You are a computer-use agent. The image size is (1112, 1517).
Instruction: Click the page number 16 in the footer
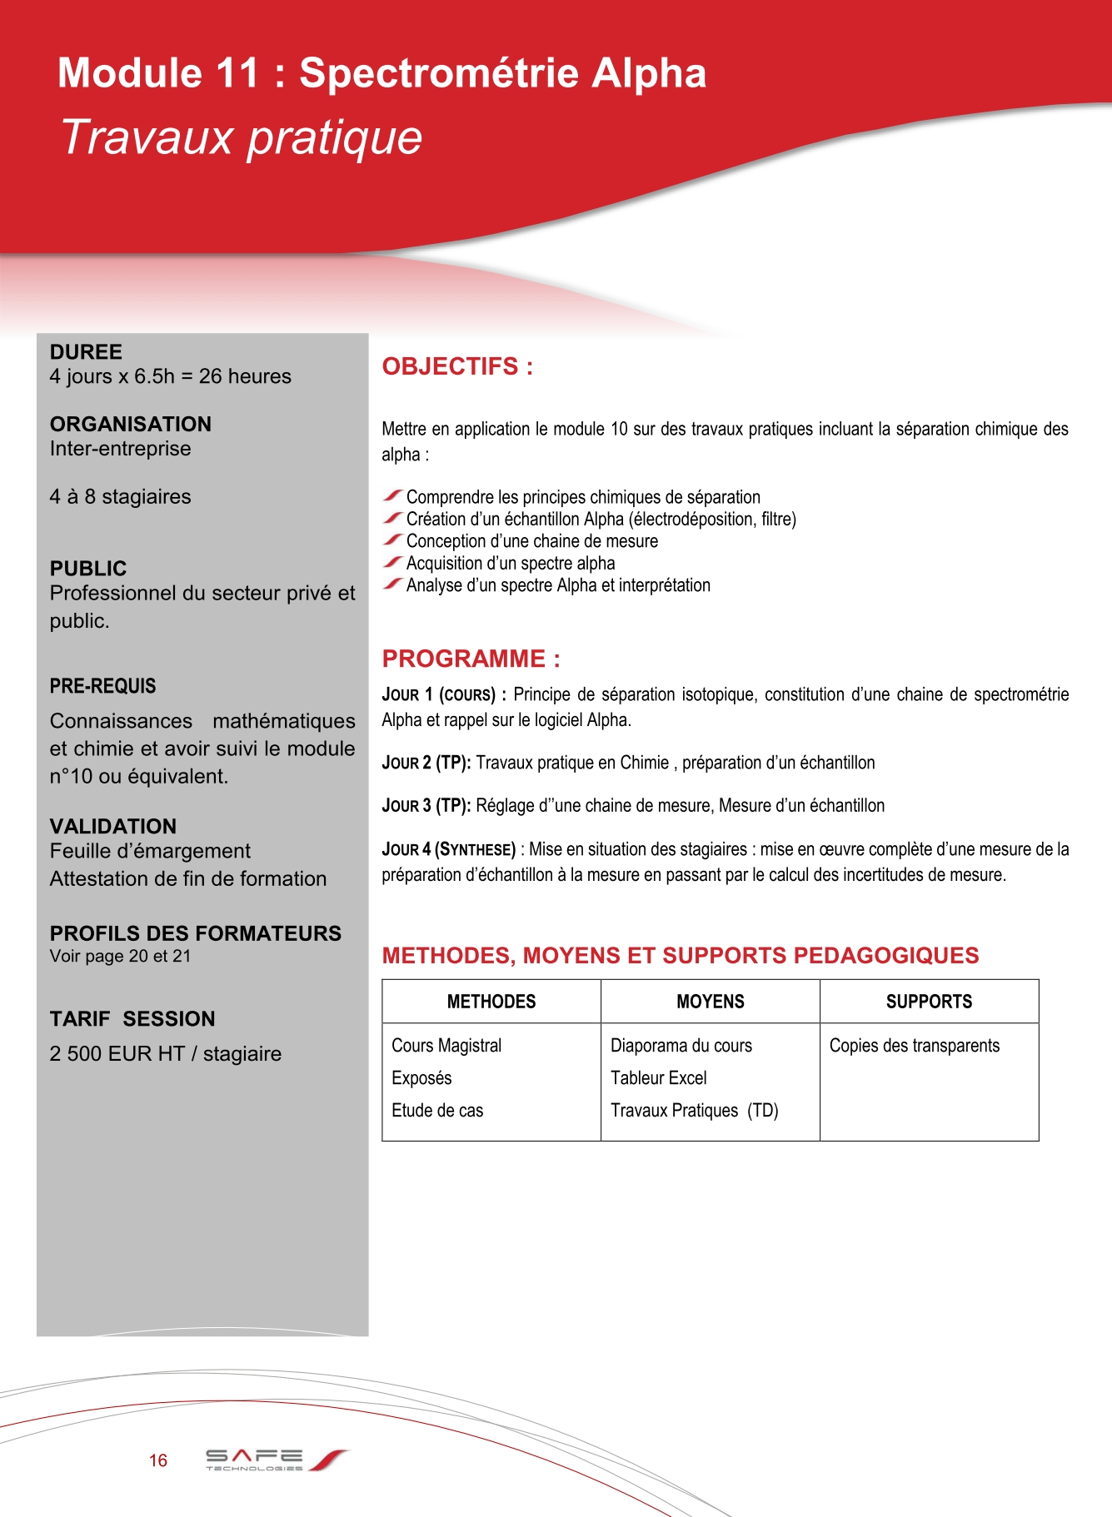[158, 1460]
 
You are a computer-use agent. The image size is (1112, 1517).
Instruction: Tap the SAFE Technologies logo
[276, 1460]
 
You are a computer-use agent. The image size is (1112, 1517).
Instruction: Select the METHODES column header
[491, 1002]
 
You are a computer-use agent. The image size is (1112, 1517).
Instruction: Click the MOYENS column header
[711, 1002]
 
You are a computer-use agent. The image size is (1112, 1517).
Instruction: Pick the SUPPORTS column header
[929, 1002]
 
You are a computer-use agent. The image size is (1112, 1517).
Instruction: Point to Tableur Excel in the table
[658, 1078]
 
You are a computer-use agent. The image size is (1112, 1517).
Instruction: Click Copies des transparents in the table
[914, 1046]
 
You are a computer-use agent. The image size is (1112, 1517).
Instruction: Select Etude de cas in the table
[437, 1111]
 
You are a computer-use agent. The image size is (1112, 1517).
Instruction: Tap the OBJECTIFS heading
[457, 366]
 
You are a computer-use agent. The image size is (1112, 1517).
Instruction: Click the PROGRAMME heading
[471, 659]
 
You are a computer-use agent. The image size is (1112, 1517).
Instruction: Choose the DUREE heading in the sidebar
[86, 352]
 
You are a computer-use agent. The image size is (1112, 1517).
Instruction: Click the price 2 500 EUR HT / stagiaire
[166, 1054]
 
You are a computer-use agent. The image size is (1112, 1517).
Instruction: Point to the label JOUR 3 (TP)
[426, 806]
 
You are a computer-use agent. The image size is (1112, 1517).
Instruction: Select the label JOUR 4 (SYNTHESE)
[449, 849]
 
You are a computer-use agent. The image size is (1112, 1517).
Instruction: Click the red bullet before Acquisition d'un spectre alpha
[393, 563]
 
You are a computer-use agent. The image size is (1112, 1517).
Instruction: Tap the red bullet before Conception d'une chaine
[393, 540]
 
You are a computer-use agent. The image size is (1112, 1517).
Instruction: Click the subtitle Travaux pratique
[242, 137]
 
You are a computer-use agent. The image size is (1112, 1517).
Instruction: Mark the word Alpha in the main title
[649, 73]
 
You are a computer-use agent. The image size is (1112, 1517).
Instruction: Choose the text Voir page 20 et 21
[120, 956]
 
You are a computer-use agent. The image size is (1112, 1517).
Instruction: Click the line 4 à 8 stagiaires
[120, 497]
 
